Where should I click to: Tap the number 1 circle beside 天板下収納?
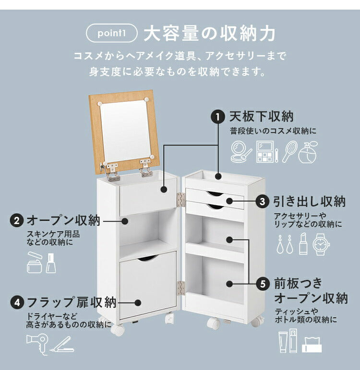point(218,117)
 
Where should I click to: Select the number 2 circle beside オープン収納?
point(17,221)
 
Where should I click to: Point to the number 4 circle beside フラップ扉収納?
point(17,303)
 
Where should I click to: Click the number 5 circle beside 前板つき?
point(263,284)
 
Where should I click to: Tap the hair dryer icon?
point(37,342)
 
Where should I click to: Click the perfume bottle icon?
point(308,151)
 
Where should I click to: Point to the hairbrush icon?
point(289,151)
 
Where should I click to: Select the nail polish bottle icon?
point(51,263)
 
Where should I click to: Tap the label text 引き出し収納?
point(309,201)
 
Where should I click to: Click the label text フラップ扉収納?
point(71,303)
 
